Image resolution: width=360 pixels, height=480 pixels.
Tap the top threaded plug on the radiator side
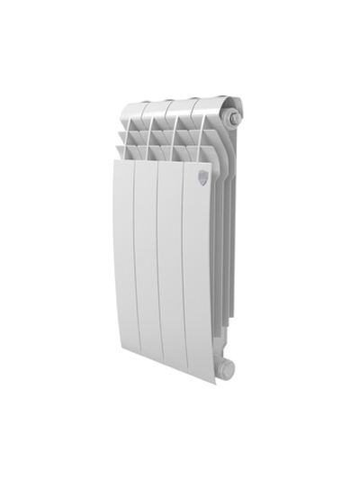(x=234, y=117)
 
